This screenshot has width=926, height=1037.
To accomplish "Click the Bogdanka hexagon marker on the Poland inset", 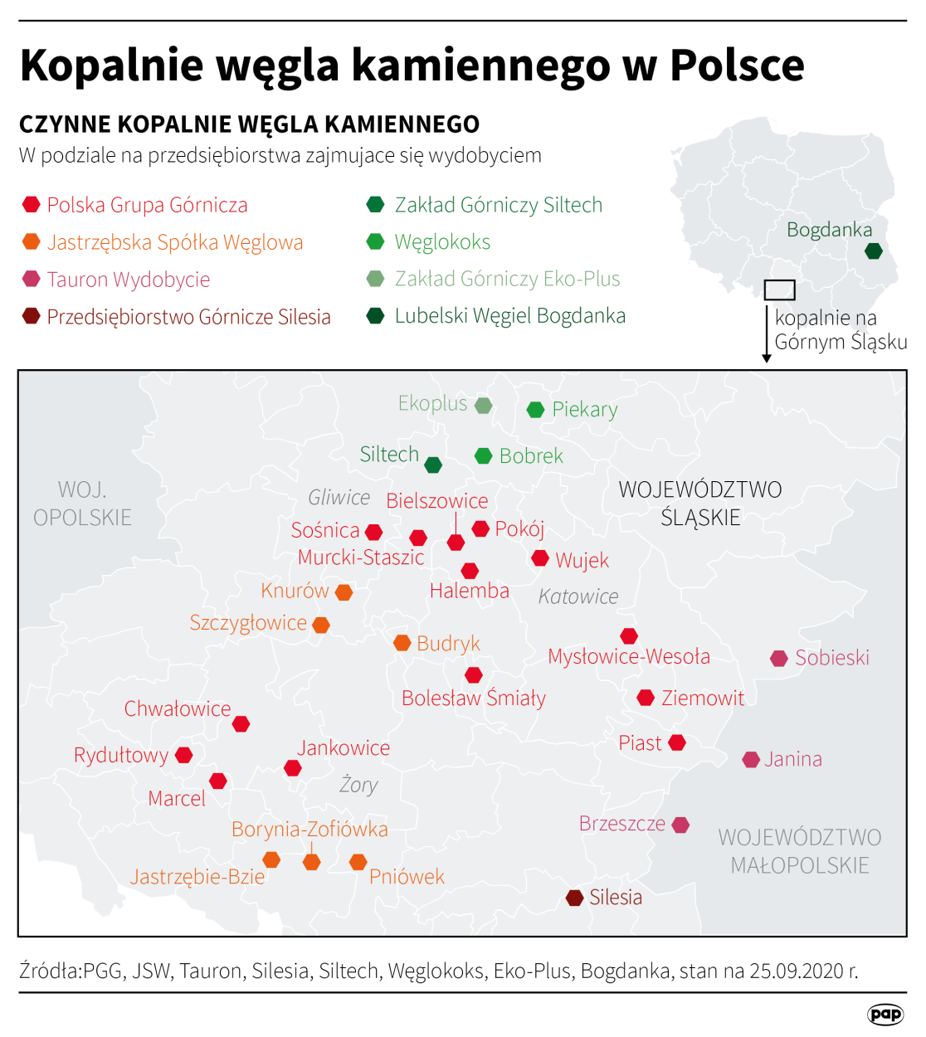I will pyautogui.click(x=873, y=251).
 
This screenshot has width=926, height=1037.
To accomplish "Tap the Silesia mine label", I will pyautogui.click(x=616, y=898).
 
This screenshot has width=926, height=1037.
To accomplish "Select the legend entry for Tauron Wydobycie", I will pyautogui.click(x=128, y=280).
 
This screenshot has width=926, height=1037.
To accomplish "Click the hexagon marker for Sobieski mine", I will pyautogui.click(x=779, y=659).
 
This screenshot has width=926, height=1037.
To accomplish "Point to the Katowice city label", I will pyautogui.click(x=578, y=596).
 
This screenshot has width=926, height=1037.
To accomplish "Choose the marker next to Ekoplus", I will pyautogui.click(x=484, y=406).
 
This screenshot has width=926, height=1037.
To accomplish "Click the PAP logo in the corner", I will pyautogui.click(x=885, y=1014).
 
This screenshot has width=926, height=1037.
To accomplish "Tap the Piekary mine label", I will pyautogui.click(x=585, y=410).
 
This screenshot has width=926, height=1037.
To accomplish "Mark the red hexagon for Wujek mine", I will pyautogui.click(x=540, y=558).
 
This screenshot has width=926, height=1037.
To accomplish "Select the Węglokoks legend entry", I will pyautogui.click(x=442, y=242).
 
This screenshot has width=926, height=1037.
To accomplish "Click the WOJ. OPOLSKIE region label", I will pyautogui.click(x=82, y=504).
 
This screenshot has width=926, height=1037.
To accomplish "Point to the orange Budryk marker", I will pyautogui.click(x=402, y=643).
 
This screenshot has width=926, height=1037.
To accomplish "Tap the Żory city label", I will pyautogui.click(x=358, y=785).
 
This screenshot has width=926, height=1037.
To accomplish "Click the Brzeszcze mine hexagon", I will pyautogui.click(x=680, y=825).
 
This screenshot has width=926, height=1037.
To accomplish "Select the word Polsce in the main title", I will pyautogui.click(x=737, y=65).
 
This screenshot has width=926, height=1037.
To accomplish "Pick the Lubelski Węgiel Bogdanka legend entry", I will pyautogui.click(x=509, y=316).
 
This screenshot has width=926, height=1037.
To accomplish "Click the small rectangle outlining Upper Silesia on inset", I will pyautogui.click(x=779, y=290).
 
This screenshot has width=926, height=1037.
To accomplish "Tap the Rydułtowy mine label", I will pyautogui.click(x=121, y=756).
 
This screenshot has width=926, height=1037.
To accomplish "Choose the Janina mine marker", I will pyautogui.click(x=751, y=760).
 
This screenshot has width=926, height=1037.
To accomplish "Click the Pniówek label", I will pyautogui.click(x=407, y=877).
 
